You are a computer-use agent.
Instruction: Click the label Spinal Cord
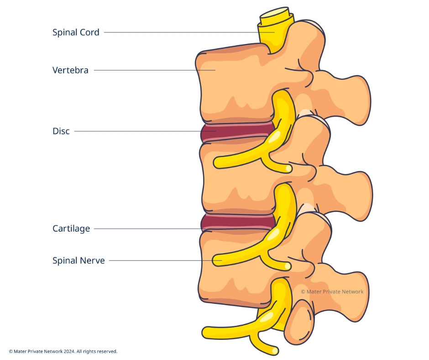76,32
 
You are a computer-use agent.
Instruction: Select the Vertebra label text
70,70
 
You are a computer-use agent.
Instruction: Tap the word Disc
61,132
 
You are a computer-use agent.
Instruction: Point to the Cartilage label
71,228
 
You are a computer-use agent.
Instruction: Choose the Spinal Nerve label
78,261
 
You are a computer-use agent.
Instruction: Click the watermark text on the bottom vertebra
332,291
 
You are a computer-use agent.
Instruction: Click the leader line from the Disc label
137,132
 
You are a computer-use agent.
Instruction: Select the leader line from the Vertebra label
151,70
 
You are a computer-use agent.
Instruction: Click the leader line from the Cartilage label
146,228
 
